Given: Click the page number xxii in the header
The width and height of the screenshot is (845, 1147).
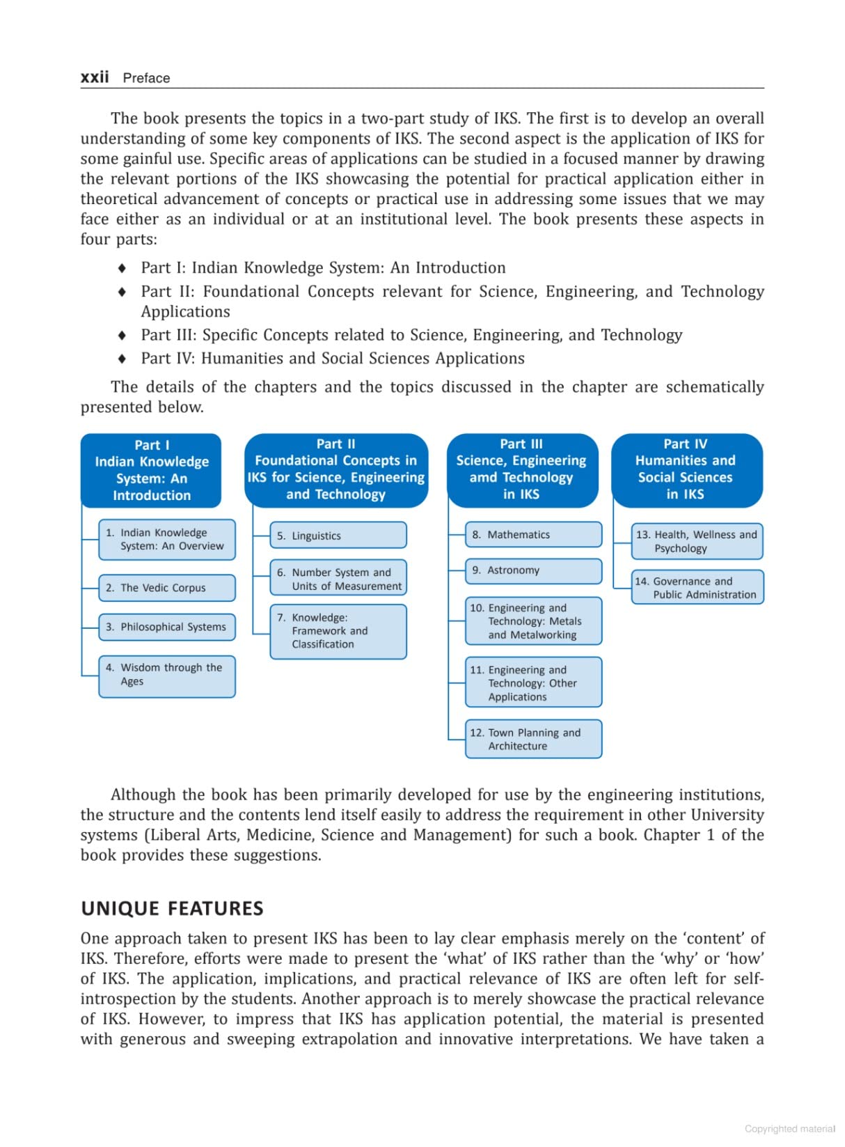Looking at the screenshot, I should click(95, 77).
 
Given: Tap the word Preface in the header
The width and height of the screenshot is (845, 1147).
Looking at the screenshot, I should click(146, 78).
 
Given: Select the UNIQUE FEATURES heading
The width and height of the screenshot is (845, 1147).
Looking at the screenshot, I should click(172, 909).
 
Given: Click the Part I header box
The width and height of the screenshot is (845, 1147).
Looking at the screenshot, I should click(151, 470).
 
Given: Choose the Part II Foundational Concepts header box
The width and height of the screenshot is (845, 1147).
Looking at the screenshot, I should click(336, 469).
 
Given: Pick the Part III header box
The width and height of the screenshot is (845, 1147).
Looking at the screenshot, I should click(521, 469).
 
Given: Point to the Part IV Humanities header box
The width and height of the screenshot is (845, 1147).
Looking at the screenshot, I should click(686, 469).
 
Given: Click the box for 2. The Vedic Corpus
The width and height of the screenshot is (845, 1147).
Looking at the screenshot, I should click(166, 588).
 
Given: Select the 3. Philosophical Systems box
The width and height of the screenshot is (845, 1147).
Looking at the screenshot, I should click(166, 627).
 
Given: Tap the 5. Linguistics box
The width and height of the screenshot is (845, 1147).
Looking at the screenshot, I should click(338, 536).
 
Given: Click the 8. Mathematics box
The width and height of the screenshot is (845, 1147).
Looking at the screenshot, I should click(533, 535).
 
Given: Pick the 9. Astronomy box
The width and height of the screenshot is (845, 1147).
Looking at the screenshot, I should click(533, 570).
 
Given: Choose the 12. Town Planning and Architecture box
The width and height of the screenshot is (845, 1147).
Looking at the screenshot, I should click(533, 739).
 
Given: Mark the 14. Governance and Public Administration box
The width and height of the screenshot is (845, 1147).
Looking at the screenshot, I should click(697, 587).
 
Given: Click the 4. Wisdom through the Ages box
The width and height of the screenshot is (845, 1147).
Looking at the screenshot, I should click(166, 675).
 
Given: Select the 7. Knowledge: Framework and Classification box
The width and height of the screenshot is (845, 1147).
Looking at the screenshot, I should click(338, 631).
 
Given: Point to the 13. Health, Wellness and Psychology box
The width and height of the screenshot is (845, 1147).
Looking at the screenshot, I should click(697, 541).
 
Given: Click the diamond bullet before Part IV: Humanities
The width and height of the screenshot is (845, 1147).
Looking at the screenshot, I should click(123, 359).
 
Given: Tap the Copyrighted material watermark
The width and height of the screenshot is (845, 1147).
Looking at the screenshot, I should click(789, 1129).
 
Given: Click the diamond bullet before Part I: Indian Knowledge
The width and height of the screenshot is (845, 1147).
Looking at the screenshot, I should click(123, 268).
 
